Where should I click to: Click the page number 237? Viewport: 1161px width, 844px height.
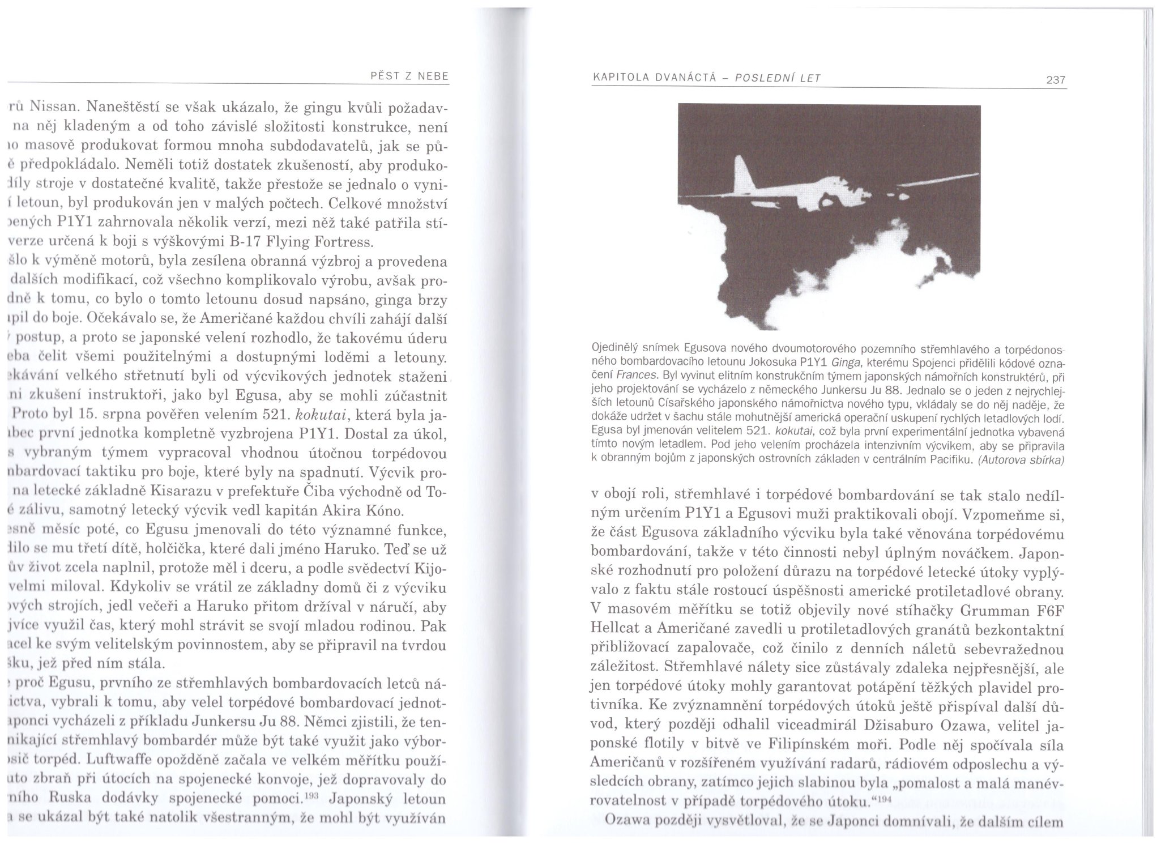tap(1056, 80)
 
